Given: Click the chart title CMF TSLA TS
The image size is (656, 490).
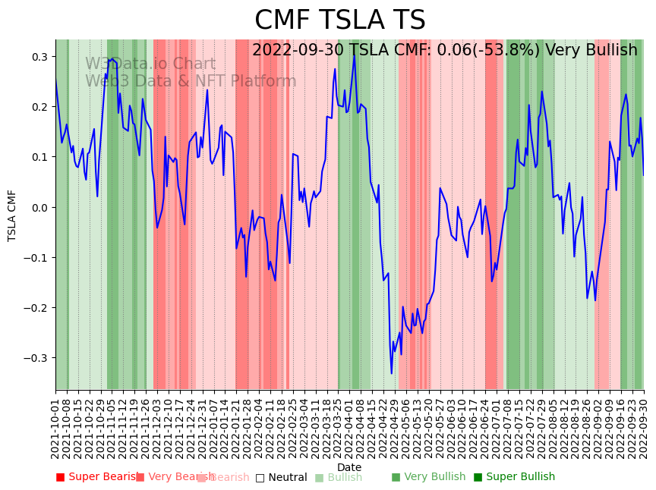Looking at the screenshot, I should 339,20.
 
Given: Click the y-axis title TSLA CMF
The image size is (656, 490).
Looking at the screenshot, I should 12,215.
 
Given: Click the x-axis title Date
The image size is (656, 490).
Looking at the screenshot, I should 349,467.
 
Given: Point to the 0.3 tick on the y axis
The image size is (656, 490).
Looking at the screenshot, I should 39,57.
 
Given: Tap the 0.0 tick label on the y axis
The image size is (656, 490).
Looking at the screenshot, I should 39,207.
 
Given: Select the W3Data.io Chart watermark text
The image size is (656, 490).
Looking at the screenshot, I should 150,64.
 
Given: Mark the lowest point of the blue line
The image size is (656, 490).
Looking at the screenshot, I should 392,373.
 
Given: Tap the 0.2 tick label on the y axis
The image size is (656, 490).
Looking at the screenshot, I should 39,107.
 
